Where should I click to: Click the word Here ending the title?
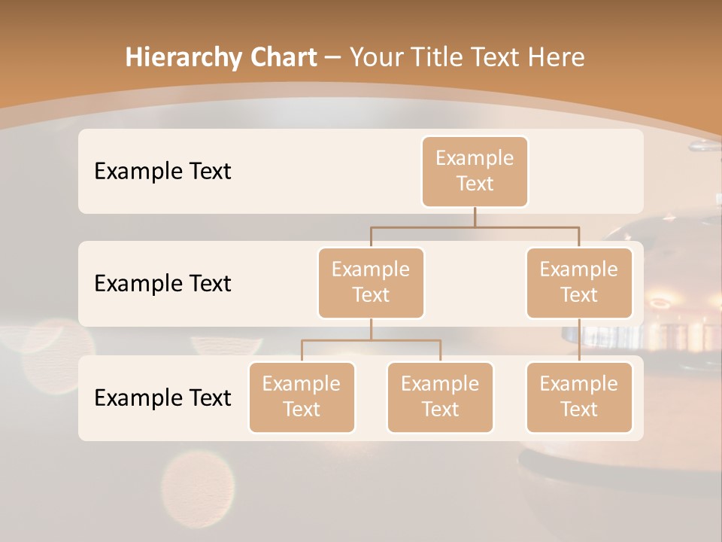(x=557, y=58)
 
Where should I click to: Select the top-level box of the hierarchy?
(x=475, y=172)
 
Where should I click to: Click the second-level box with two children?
(x=371, y=283)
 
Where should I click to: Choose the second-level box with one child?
(x=579, y=283)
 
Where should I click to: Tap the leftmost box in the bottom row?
(x=302, y=397)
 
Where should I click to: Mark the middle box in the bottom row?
(x=440, y=397)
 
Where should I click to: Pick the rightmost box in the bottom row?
(x=579, y=397)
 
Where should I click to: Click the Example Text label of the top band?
(x=162, y=172)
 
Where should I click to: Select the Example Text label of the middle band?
(x=162, y=284)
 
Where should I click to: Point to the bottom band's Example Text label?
(x=162, y=397)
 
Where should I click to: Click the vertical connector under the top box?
(x=475, y=217)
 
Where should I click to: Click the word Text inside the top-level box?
(x=475, y=184)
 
